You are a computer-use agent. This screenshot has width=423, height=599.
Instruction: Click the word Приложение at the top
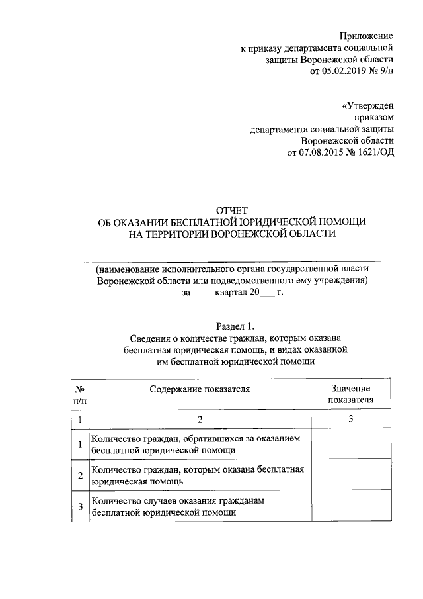point(367,35)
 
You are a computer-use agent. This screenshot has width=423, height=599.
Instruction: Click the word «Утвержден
point(367,106)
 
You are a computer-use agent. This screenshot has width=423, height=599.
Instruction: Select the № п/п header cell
point(79,394)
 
